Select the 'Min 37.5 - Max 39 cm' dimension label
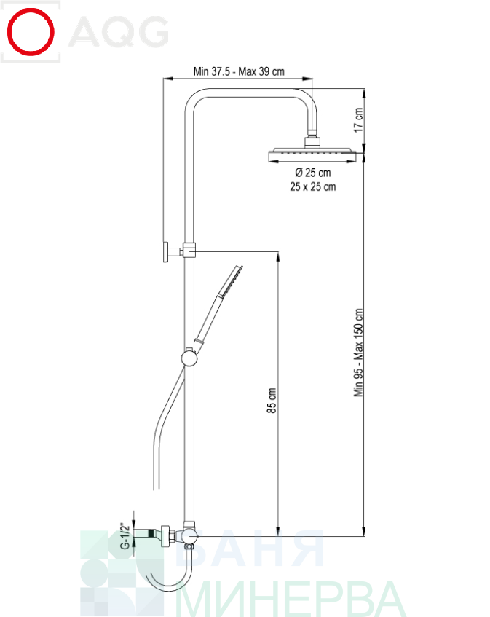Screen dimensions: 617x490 [239, 71]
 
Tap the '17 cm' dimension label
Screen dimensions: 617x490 [357, 120]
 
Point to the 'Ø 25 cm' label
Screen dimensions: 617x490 [312, 173]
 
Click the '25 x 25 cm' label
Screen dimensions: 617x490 [312, 187]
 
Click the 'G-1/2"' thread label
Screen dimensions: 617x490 [125, 537]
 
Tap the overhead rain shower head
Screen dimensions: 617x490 [312, 154]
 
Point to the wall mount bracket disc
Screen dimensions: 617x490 [167, 251]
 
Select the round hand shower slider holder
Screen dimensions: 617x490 [189, 358]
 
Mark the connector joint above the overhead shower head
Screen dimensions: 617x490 [312, 138]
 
